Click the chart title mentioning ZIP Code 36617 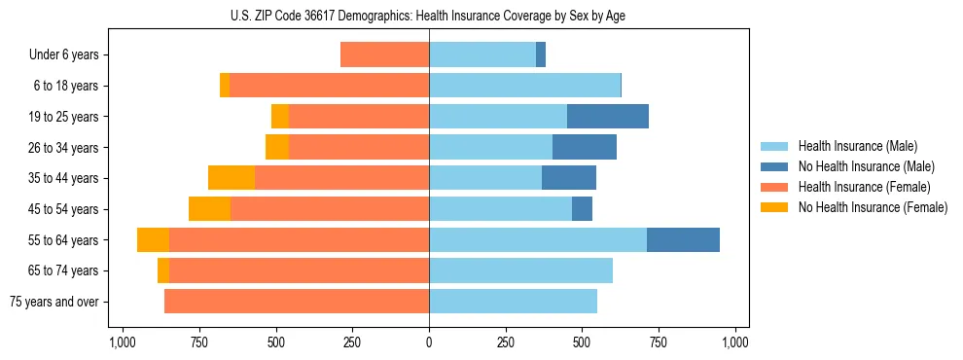429,15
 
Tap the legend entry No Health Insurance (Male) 859,166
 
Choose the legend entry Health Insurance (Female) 858,187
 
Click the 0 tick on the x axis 429,342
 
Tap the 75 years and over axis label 54,302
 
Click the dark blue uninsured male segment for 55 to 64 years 683,239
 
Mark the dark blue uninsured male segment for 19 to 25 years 608,117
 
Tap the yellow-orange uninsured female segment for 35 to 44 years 232,178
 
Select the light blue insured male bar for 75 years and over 513,302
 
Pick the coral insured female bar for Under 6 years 384,55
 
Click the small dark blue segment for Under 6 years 541,55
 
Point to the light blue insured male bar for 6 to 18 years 524,86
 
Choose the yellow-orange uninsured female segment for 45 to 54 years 209,209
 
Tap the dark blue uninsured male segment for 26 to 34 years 585,147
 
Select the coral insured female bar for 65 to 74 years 299,270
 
